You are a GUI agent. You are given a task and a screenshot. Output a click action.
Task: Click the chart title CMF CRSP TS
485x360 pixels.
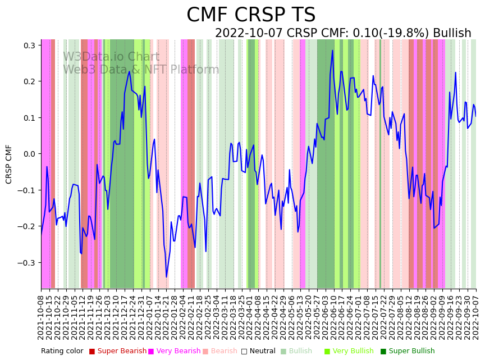251,15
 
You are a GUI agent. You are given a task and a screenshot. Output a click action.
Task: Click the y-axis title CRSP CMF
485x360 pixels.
9,164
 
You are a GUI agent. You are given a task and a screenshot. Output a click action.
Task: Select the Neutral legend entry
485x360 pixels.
263,351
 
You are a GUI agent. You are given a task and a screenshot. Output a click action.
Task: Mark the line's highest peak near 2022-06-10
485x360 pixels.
332,51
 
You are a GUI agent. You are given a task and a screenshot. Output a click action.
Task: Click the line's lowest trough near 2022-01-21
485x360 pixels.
166,277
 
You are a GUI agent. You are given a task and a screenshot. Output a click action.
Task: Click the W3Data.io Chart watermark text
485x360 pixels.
111,57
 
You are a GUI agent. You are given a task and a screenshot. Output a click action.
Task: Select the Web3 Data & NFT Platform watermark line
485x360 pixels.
141,70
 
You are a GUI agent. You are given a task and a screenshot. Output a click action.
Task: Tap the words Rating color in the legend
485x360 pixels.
62,351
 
